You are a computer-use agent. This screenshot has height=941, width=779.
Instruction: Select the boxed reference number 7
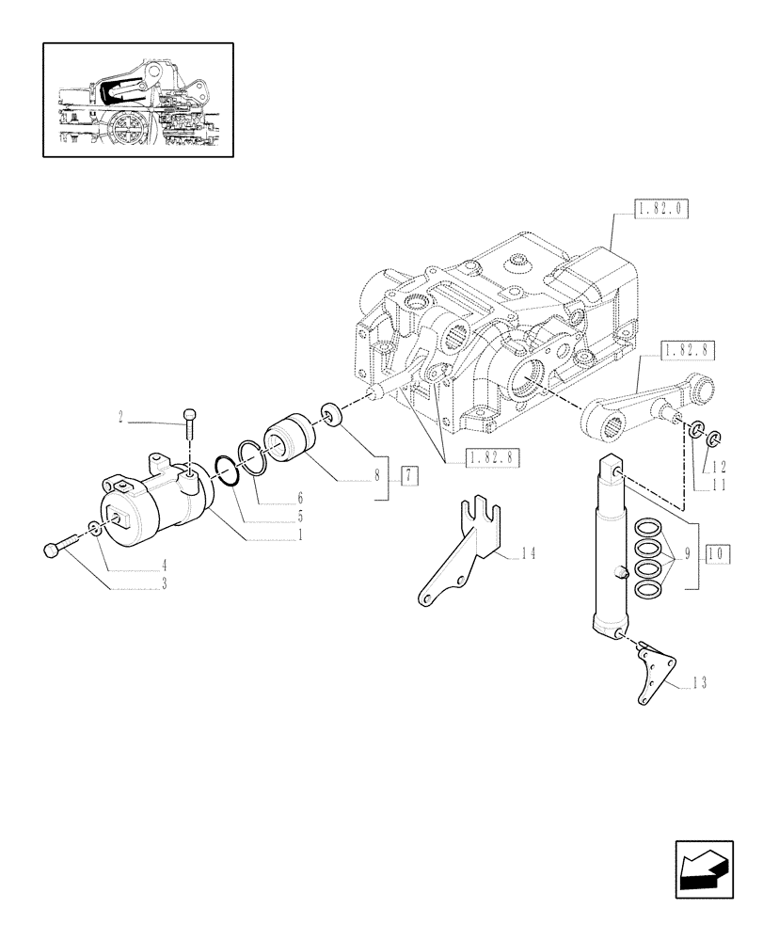click(407, 475)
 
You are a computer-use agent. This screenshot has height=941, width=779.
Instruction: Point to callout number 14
click(529, 556)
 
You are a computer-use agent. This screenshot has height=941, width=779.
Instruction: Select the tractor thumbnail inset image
click(137, 99)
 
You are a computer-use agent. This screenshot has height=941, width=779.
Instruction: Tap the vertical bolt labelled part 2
click(192, 426)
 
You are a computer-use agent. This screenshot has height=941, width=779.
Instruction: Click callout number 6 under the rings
click(299, 496)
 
